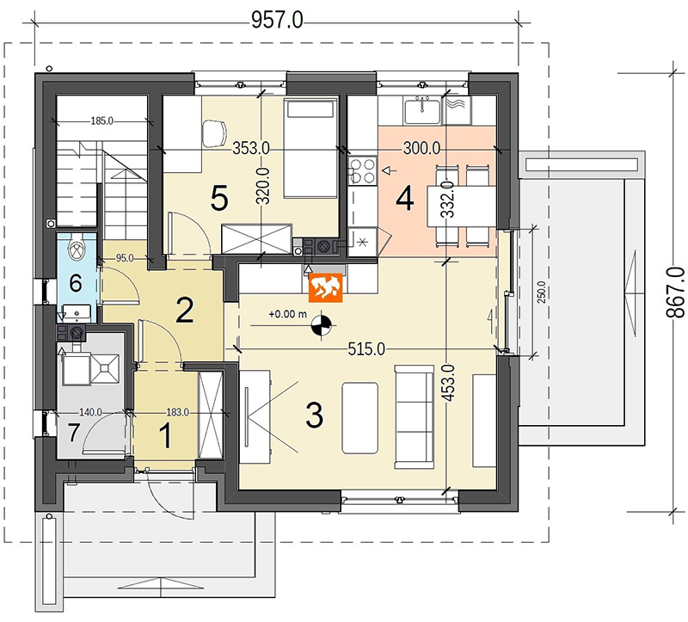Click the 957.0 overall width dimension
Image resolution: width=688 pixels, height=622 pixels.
click(x=277, y=20)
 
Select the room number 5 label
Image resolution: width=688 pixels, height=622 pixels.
click(x=219, y=199)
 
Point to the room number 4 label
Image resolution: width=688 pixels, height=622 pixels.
click(x=404, y=199)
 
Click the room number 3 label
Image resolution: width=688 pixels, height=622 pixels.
click(x=314, y=416)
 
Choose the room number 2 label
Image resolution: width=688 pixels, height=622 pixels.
click(x=184, y=310)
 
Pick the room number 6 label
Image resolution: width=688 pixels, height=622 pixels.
click(x=76, y=283)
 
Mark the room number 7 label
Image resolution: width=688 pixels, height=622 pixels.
click(x=73, y=433)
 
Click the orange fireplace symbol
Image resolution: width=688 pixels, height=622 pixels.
click(x=325, y=288)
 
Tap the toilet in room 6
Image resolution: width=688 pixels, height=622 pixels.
click(x=77, y=249)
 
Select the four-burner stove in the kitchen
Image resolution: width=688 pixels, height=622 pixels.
click(x=362, y=170)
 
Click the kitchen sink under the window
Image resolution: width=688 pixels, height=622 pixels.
click(x=422, y=112)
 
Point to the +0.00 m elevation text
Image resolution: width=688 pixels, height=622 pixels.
click(x=288, y=314)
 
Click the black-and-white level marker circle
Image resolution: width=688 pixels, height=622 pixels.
click(x=322, y=326)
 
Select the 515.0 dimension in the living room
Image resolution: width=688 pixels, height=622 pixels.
click(x=366, y=349)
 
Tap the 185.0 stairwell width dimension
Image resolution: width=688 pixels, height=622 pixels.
click(x=101, y=120)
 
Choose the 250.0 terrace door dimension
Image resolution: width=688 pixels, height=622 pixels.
click(x=542, y=293)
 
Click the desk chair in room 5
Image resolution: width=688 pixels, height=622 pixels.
click(x=214, y=132)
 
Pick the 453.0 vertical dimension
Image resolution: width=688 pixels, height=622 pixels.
click(x=448, y=383)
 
